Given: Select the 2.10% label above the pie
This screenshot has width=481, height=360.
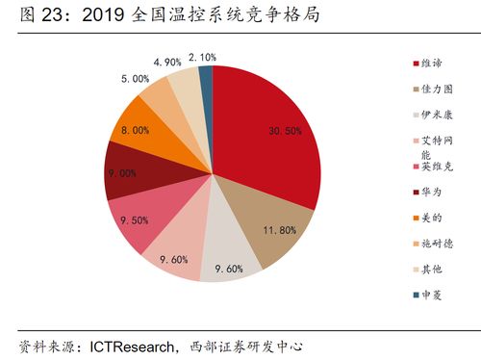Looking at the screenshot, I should coord(202,58).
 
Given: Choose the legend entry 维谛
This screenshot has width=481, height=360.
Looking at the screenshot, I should coord(428,64).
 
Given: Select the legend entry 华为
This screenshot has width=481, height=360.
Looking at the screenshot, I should coord(428,191).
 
